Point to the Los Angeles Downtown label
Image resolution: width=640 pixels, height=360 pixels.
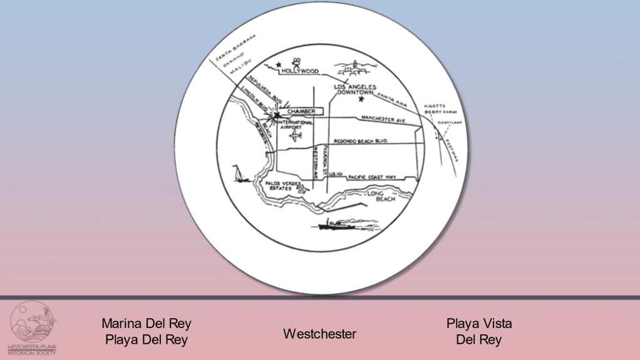pyautogui.click(x=354, y=89)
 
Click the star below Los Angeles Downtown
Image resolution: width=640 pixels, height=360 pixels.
pyautogui.click(x=361, y=99)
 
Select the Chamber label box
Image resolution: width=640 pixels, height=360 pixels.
pyautogui.click(x=301, y=111)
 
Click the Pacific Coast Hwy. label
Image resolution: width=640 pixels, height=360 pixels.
pyautogui.click(x=376, y=177)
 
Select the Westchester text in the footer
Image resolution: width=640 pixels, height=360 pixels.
pyautogui.click(x=319, y=334)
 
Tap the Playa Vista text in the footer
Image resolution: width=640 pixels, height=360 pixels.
pyautogui.click(x=479, y=324)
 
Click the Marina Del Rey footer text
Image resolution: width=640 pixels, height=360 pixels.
pyautogui.click(x=147, y=324)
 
